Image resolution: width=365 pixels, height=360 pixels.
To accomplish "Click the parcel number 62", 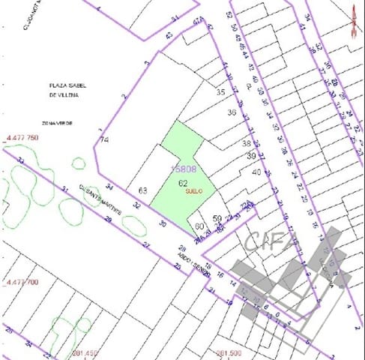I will [182, 182].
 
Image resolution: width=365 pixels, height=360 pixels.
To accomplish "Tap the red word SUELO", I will [194, 191].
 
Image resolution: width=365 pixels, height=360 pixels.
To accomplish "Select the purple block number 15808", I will [184, 169].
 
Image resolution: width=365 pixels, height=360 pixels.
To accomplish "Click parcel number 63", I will [142, 190].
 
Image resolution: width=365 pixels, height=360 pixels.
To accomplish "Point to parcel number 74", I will [105, 139].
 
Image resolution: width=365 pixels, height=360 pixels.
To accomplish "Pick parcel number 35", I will [220, 92].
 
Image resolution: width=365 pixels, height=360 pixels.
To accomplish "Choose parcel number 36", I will [232, 113].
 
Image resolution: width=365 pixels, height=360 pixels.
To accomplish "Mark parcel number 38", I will [246, 142].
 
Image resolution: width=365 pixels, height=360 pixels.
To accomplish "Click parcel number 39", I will [251, 155].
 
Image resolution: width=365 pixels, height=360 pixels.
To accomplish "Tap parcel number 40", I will [256, 172].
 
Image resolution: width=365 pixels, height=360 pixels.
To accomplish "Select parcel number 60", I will [199, 226].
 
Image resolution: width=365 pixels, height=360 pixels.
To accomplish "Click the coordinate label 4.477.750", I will [22, 138].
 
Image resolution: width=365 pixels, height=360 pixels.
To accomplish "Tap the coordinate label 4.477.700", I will [22, 282].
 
